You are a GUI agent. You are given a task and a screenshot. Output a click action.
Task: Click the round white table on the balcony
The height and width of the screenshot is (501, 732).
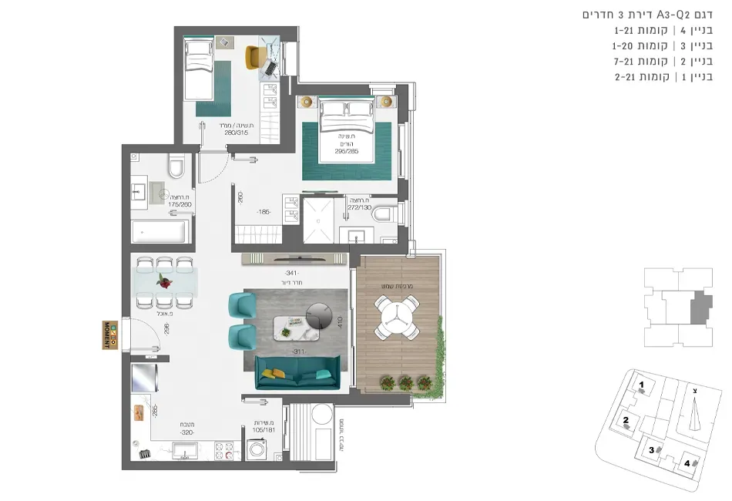(395, 317)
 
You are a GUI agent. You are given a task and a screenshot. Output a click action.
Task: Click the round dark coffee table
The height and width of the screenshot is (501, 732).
(319, 314)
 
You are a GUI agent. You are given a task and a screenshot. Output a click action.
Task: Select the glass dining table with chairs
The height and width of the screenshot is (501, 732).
(163, 281)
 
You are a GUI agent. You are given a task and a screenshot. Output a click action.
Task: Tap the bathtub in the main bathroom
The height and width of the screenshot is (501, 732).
(160, 232)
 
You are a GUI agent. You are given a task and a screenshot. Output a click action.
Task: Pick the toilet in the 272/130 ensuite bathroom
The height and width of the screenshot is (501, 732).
(384, 214)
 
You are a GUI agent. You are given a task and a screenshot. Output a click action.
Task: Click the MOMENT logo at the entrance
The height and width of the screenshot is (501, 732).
(108, 333)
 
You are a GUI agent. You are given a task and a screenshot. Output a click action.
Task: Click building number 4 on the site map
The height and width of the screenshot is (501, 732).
(687, 463)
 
